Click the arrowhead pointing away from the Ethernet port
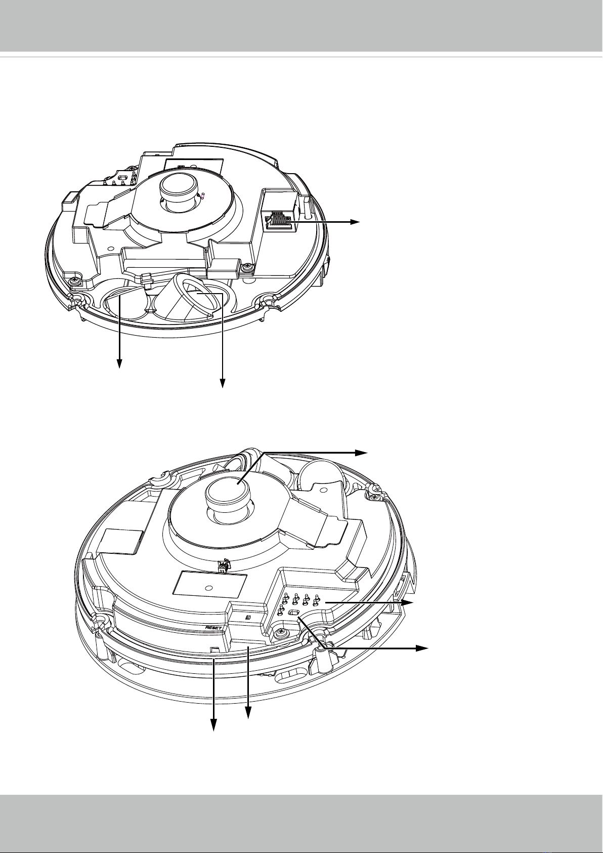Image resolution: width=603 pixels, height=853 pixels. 355,222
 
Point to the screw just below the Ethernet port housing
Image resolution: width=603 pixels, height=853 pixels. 248,268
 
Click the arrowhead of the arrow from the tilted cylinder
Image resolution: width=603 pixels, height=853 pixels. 222,384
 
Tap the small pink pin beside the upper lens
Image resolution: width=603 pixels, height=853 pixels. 203,196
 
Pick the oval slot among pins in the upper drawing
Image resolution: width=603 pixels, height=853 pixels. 123,178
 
